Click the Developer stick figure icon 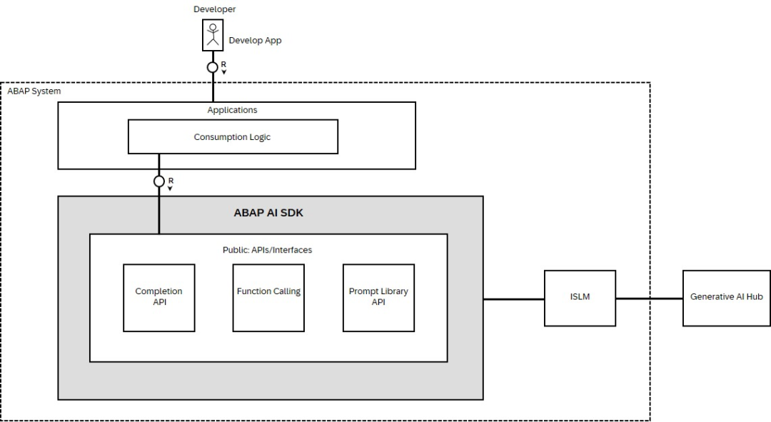pyautogui.click(x=213, y=35)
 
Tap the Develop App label pyautogui.click(x=255, y=40)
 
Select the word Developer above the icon pyautogui.click(x=214, y=9)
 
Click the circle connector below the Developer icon pyautogui.click(x=213, y=67)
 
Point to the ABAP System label pyautogui.click(x=34, y=91)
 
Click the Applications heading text pyautogui.click(x=232, y=110)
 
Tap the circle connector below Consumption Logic pyautogui.click(x=158, y=181)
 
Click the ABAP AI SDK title pyautogui.click(x=268, y=213)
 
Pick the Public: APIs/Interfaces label pyautogui.click(x=268, y=250)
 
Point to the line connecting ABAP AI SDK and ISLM pyautogui.click(x=514, y=299)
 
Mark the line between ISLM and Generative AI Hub pyautogui.click(x=649, y=298)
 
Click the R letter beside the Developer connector pyautogui.click(x=223, y=64)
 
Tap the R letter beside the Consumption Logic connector pyautogui.click(x=171, y=181)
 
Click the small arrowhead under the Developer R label pyautogui.click(x=223, y=72)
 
